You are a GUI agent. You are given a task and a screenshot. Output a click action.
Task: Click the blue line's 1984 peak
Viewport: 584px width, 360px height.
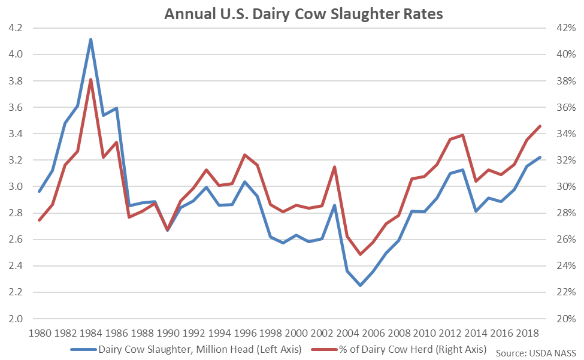click(90, 40)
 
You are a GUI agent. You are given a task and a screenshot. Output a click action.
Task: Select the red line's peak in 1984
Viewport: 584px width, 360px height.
click(90, 80)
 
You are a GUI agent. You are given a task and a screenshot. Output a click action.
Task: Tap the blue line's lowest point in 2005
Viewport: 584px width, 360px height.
click(361, 285)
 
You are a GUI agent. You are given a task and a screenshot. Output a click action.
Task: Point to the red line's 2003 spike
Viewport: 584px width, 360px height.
click(334, 167)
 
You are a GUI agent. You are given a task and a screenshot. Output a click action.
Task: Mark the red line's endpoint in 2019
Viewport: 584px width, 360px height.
click(540, 126)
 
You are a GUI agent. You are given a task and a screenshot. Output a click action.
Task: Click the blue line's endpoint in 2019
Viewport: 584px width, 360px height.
click(540, 158)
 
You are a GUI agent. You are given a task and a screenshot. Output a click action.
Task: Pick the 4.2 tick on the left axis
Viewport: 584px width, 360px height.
click(16, 28)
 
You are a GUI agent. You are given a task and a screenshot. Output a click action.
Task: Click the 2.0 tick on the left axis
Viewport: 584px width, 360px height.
click(16, 319)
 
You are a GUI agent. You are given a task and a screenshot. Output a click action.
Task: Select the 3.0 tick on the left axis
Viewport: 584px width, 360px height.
click(16, 187)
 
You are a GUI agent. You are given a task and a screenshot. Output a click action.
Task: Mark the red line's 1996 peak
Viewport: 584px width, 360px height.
click(244, 155)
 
